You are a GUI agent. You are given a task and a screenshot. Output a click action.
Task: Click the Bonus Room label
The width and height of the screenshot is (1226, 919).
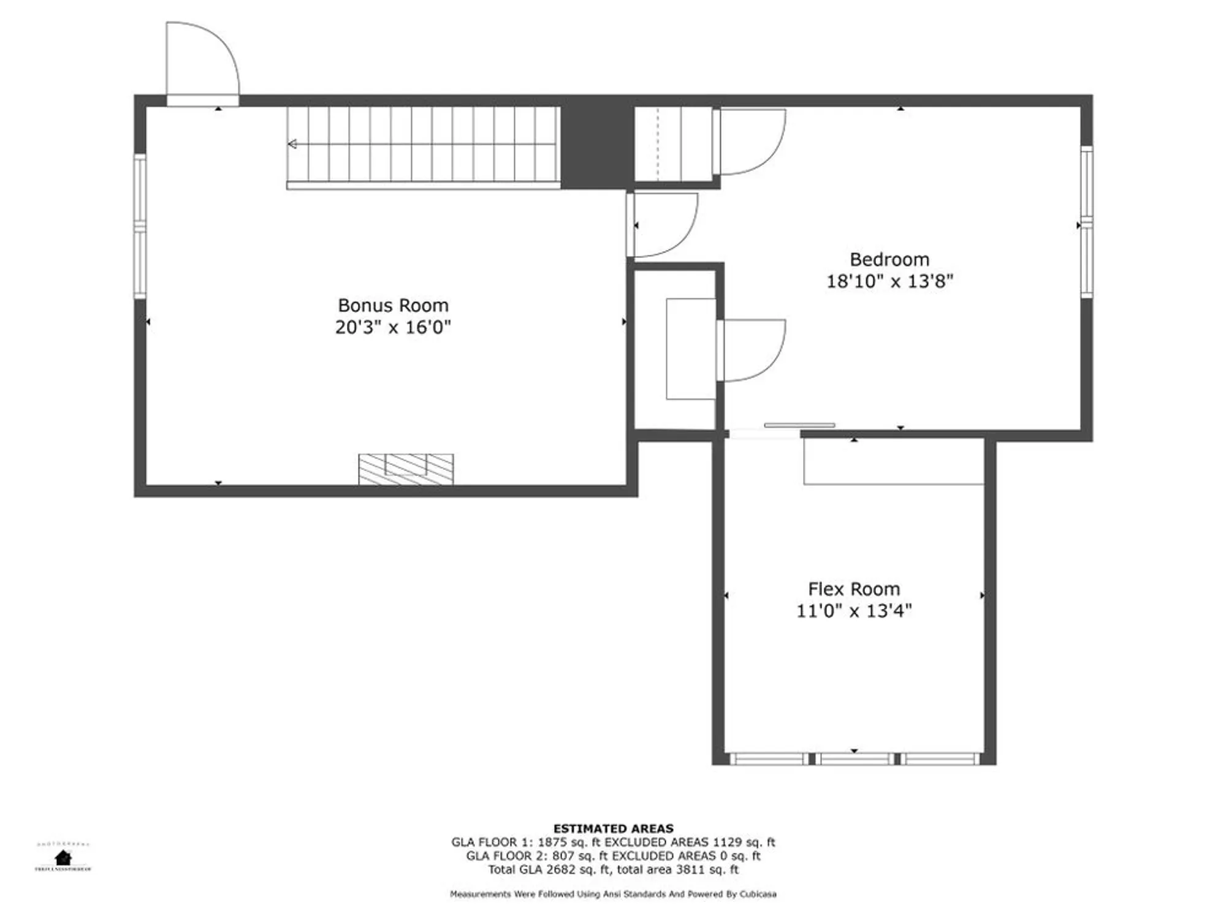393,305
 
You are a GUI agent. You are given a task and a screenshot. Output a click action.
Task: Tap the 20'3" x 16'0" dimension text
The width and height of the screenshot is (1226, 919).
393,327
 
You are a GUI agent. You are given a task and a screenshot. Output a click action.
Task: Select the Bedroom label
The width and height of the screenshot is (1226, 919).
889,259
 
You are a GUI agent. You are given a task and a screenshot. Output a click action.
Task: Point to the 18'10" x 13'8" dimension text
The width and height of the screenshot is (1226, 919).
889,281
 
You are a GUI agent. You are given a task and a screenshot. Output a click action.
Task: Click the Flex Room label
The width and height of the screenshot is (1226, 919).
853,589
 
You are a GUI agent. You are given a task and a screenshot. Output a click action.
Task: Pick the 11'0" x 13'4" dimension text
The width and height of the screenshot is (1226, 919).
853,611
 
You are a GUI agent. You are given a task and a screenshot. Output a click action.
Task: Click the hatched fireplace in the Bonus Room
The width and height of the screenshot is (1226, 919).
406,469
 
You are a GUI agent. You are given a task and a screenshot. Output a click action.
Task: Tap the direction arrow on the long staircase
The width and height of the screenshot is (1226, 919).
293,144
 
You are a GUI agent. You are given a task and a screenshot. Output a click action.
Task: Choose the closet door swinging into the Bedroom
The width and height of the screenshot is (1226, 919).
751,350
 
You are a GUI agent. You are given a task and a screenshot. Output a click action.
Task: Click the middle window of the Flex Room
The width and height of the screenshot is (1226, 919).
855,759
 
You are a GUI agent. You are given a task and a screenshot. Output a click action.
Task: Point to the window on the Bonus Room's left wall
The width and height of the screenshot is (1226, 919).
140,227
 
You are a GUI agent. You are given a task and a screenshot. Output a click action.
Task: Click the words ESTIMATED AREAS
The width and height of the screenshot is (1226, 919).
613,829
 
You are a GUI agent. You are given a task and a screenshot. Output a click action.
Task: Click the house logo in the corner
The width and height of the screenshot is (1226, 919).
63,857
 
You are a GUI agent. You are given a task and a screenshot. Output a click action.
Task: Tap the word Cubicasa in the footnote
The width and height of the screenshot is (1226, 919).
758,894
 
